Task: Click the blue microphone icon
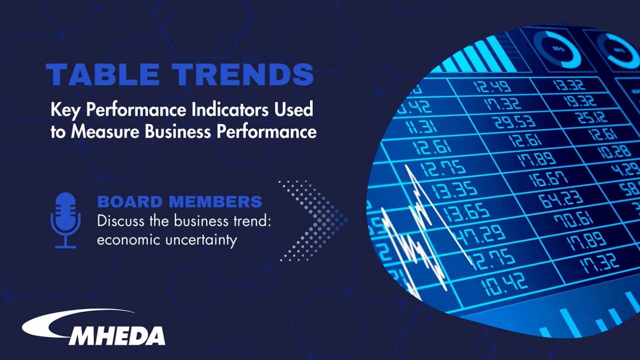tap(65, 220)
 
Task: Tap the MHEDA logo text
tap(117, 335)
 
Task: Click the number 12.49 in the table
tap(493, 86)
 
